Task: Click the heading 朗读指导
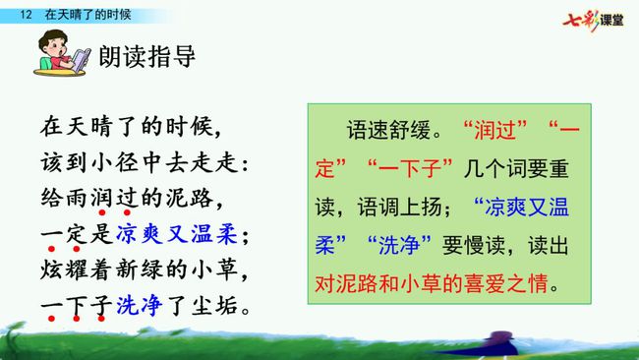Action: (x=147, y=56)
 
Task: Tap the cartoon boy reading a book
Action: (x=62, y=53)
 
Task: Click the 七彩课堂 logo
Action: (x=593, y=21)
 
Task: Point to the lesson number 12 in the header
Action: (x=26, y=15)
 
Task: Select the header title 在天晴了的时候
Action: (x=88, y=15)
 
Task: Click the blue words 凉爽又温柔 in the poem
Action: (x=176, y=234)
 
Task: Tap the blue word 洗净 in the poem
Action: (x=140, y=305)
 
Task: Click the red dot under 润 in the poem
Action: (x=102, y=212)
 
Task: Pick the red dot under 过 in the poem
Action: (x=127, y=212)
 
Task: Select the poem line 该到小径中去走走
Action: (x=145, y=163)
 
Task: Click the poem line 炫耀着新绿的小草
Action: (x=145, y=270)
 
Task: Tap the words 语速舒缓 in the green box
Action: (x=388, y=131)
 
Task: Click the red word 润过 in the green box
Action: (x=495, y=131)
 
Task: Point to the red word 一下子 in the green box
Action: (x=410, y=168)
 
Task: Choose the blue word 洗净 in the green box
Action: (x=399, y=246)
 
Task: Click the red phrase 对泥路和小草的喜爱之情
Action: (x=432, y=283)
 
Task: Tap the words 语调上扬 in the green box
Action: (x=400, y=208)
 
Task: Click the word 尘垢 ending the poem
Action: (x=214, y=305)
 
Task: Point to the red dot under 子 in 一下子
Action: (x=101, y=319)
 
